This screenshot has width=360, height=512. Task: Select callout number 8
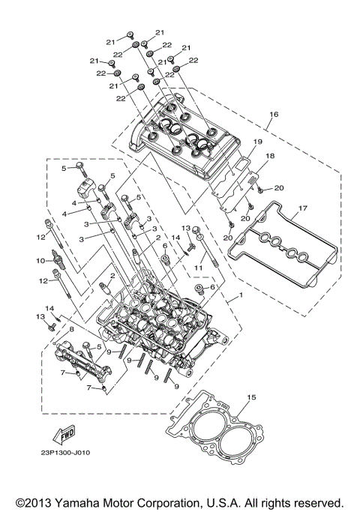tap(72, 328)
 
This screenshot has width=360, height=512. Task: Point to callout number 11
tap(199, 266)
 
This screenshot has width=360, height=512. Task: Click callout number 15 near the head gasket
tap(252, 397)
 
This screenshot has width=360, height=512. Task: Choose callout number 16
tap(274, 115)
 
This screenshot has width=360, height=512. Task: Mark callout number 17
tap(303, 208)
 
